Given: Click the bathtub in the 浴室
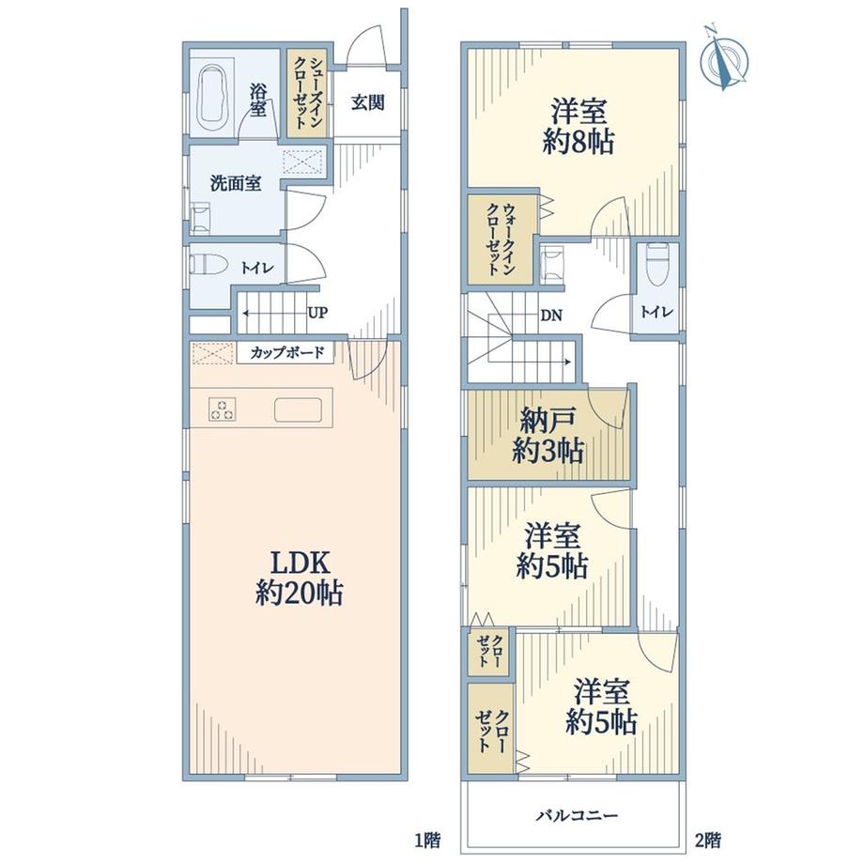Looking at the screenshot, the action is click(212, 99).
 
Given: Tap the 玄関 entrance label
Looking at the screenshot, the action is click(367, 102).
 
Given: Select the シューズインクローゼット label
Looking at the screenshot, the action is click(307, 93).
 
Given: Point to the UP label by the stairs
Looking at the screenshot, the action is click(317, 313).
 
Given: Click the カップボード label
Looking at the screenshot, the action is click(286, 352).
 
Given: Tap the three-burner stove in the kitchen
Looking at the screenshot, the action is click(222, 409).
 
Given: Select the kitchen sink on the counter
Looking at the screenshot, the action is click(298, 409).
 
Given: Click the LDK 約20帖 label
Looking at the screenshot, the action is click(299, 578).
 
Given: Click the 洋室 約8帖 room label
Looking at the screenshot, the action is click(578, 127).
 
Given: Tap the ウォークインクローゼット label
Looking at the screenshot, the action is click(501, 239).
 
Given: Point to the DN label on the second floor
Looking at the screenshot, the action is click(551, 316).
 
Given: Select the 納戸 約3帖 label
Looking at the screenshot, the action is click(548, 437).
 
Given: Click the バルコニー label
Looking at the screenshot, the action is click(578, 814).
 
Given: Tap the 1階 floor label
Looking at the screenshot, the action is click(427, 841).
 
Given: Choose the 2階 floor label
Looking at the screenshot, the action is click(707, 841).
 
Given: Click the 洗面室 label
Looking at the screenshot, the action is click(236, 183).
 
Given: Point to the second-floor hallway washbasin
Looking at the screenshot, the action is click(552, 265).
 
